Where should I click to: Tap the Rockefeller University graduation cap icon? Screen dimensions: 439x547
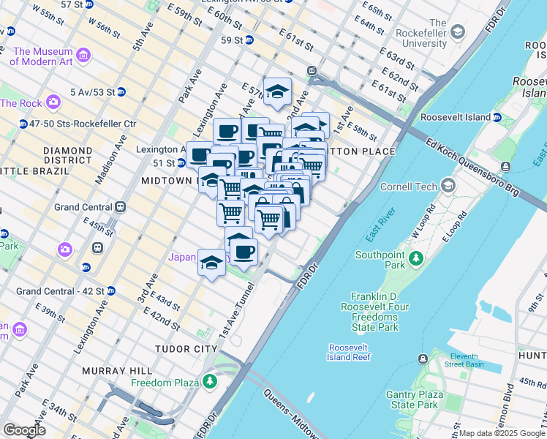click(x=458, y=31)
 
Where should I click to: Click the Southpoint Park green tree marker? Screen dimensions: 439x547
click(x=416, y=258)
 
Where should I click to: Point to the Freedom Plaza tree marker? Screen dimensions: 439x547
click(x=211, y=382)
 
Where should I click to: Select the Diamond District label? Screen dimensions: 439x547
click(x=67, y=155)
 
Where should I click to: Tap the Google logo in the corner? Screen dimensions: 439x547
click(x=24, y=430)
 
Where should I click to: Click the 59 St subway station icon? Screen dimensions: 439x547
click(x=249, y=40)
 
